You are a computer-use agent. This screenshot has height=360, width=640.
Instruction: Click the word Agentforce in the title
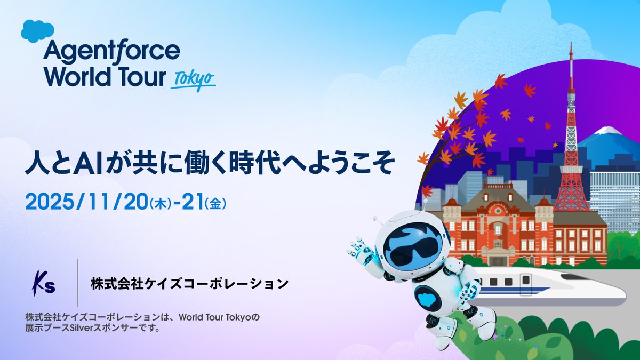pyautogui.click(x=112, y=52)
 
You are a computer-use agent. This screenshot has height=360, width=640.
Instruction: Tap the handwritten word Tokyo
pyautogui.click(x=194, y=81)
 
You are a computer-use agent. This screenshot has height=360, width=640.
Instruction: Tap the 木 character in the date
pyautogui.click(x=158, y=204)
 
